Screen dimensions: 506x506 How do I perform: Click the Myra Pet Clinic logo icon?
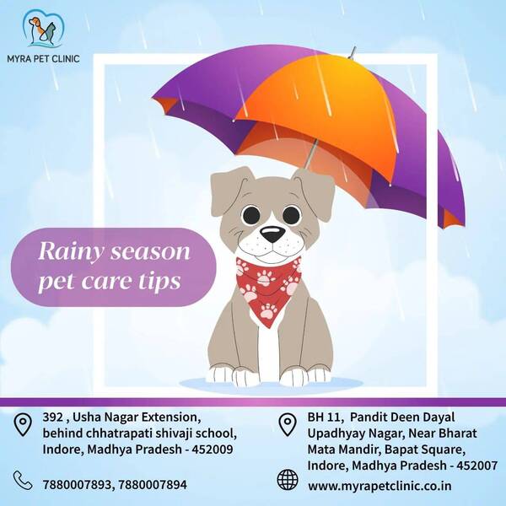44,29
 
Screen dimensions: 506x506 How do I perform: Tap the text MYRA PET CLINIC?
44,58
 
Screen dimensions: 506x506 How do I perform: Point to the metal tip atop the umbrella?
353,52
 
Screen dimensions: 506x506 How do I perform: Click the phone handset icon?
23,480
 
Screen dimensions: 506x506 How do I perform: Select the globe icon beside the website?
288,480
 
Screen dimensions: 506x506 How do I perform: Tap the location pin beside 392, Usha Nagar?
23,425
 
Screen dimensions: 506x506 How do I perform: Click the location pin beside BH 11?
288,425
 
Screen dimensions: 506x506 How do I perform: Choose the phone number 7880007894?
153,484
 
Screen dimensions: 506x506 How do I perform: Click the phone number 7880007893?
77,484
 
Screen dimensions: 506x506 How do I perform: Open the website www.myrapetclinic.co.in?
379,486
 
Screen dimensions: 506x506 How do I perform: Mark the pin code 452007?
477,466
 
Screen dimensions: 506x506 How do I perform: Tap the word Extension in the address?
170,417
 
